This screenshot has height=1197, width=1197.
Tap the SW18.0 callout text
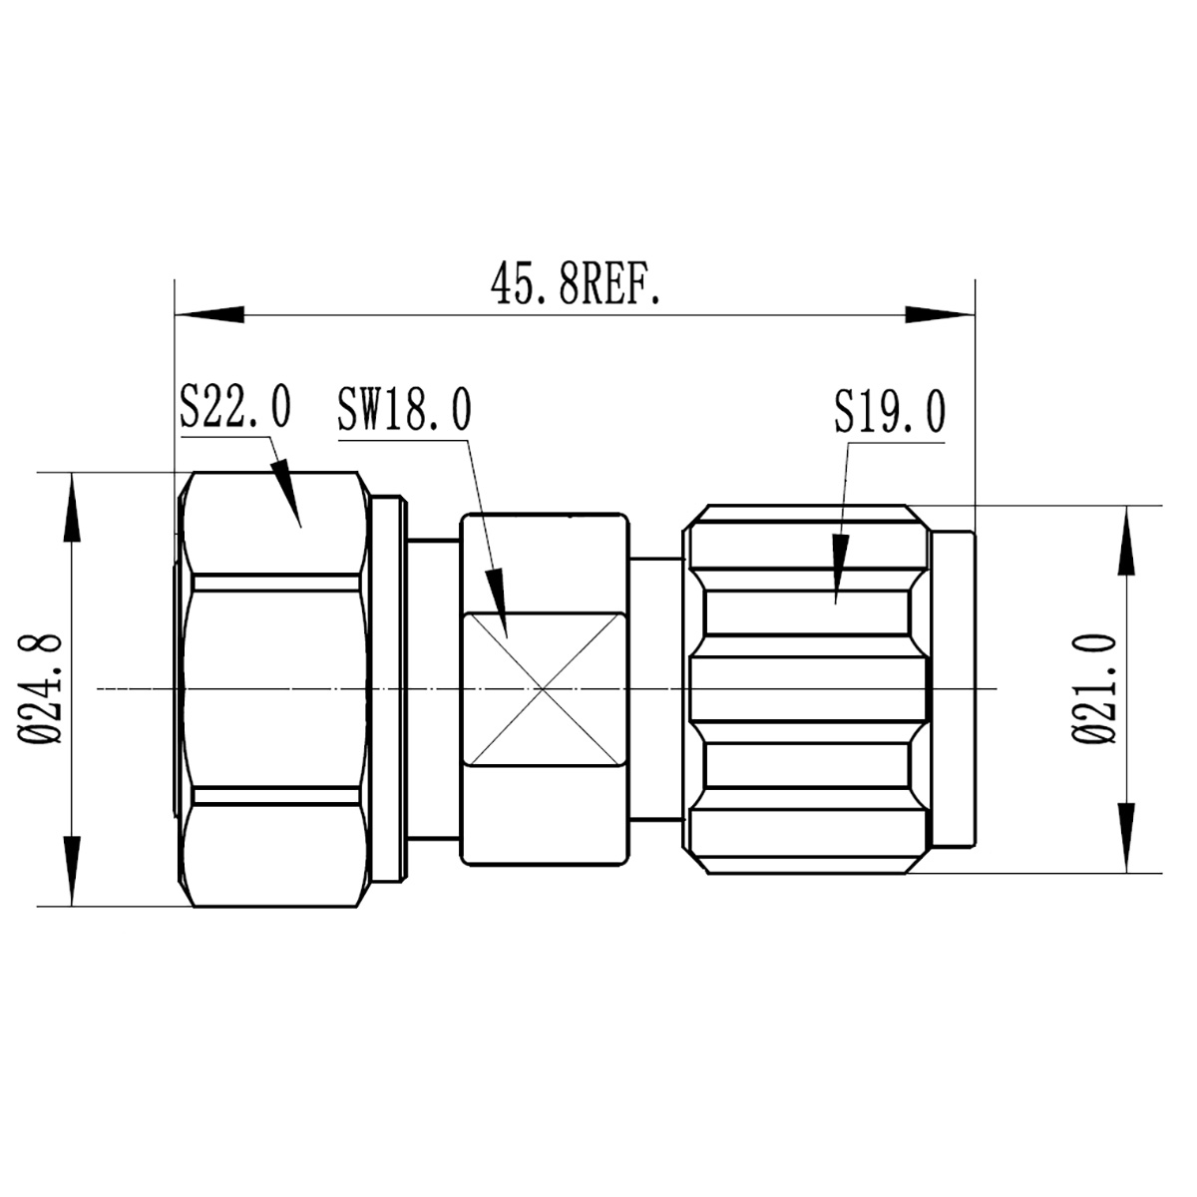404,410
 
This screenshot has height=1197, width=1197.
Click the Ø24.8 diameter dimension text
44,688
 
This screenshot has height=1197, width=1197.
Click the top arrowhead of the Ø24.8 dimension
73,505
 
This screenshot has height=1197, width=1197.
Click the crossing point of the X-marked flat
544,689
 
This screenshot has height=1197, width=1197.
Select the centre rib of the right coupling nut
808,689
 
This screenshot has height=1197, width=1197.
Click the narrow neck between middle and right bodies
656,688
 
